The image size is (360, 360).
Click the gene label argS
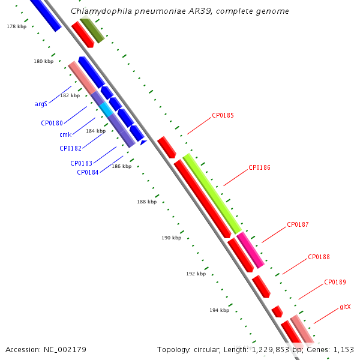41,104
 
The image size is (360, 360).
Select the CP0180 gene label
52,123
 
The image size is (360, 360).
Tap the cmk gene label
65,134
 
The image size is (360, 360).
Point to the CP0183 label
81,163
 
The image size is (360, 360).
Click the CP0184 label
88,172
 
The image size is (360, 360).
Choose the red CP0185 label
223,115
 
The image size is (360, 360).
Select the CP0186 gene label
259,167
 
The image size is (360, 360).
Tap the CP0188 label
319,257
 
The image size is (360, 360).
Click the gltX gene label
345,307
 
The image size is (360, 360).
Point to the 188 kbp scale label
147,202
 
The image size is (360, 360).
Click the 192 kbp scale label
196,274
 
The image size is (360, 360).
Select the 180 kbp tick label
43,61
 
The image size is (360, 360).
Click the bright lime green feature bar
212,194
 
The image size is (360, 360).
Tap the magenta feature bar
250,250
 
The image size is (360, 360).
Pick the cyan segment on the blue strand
106,109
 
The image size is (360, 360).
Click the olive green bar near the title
92,29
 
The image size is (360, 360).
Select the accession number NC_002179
65,350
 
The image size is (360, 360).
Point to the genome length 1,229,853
271,350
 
